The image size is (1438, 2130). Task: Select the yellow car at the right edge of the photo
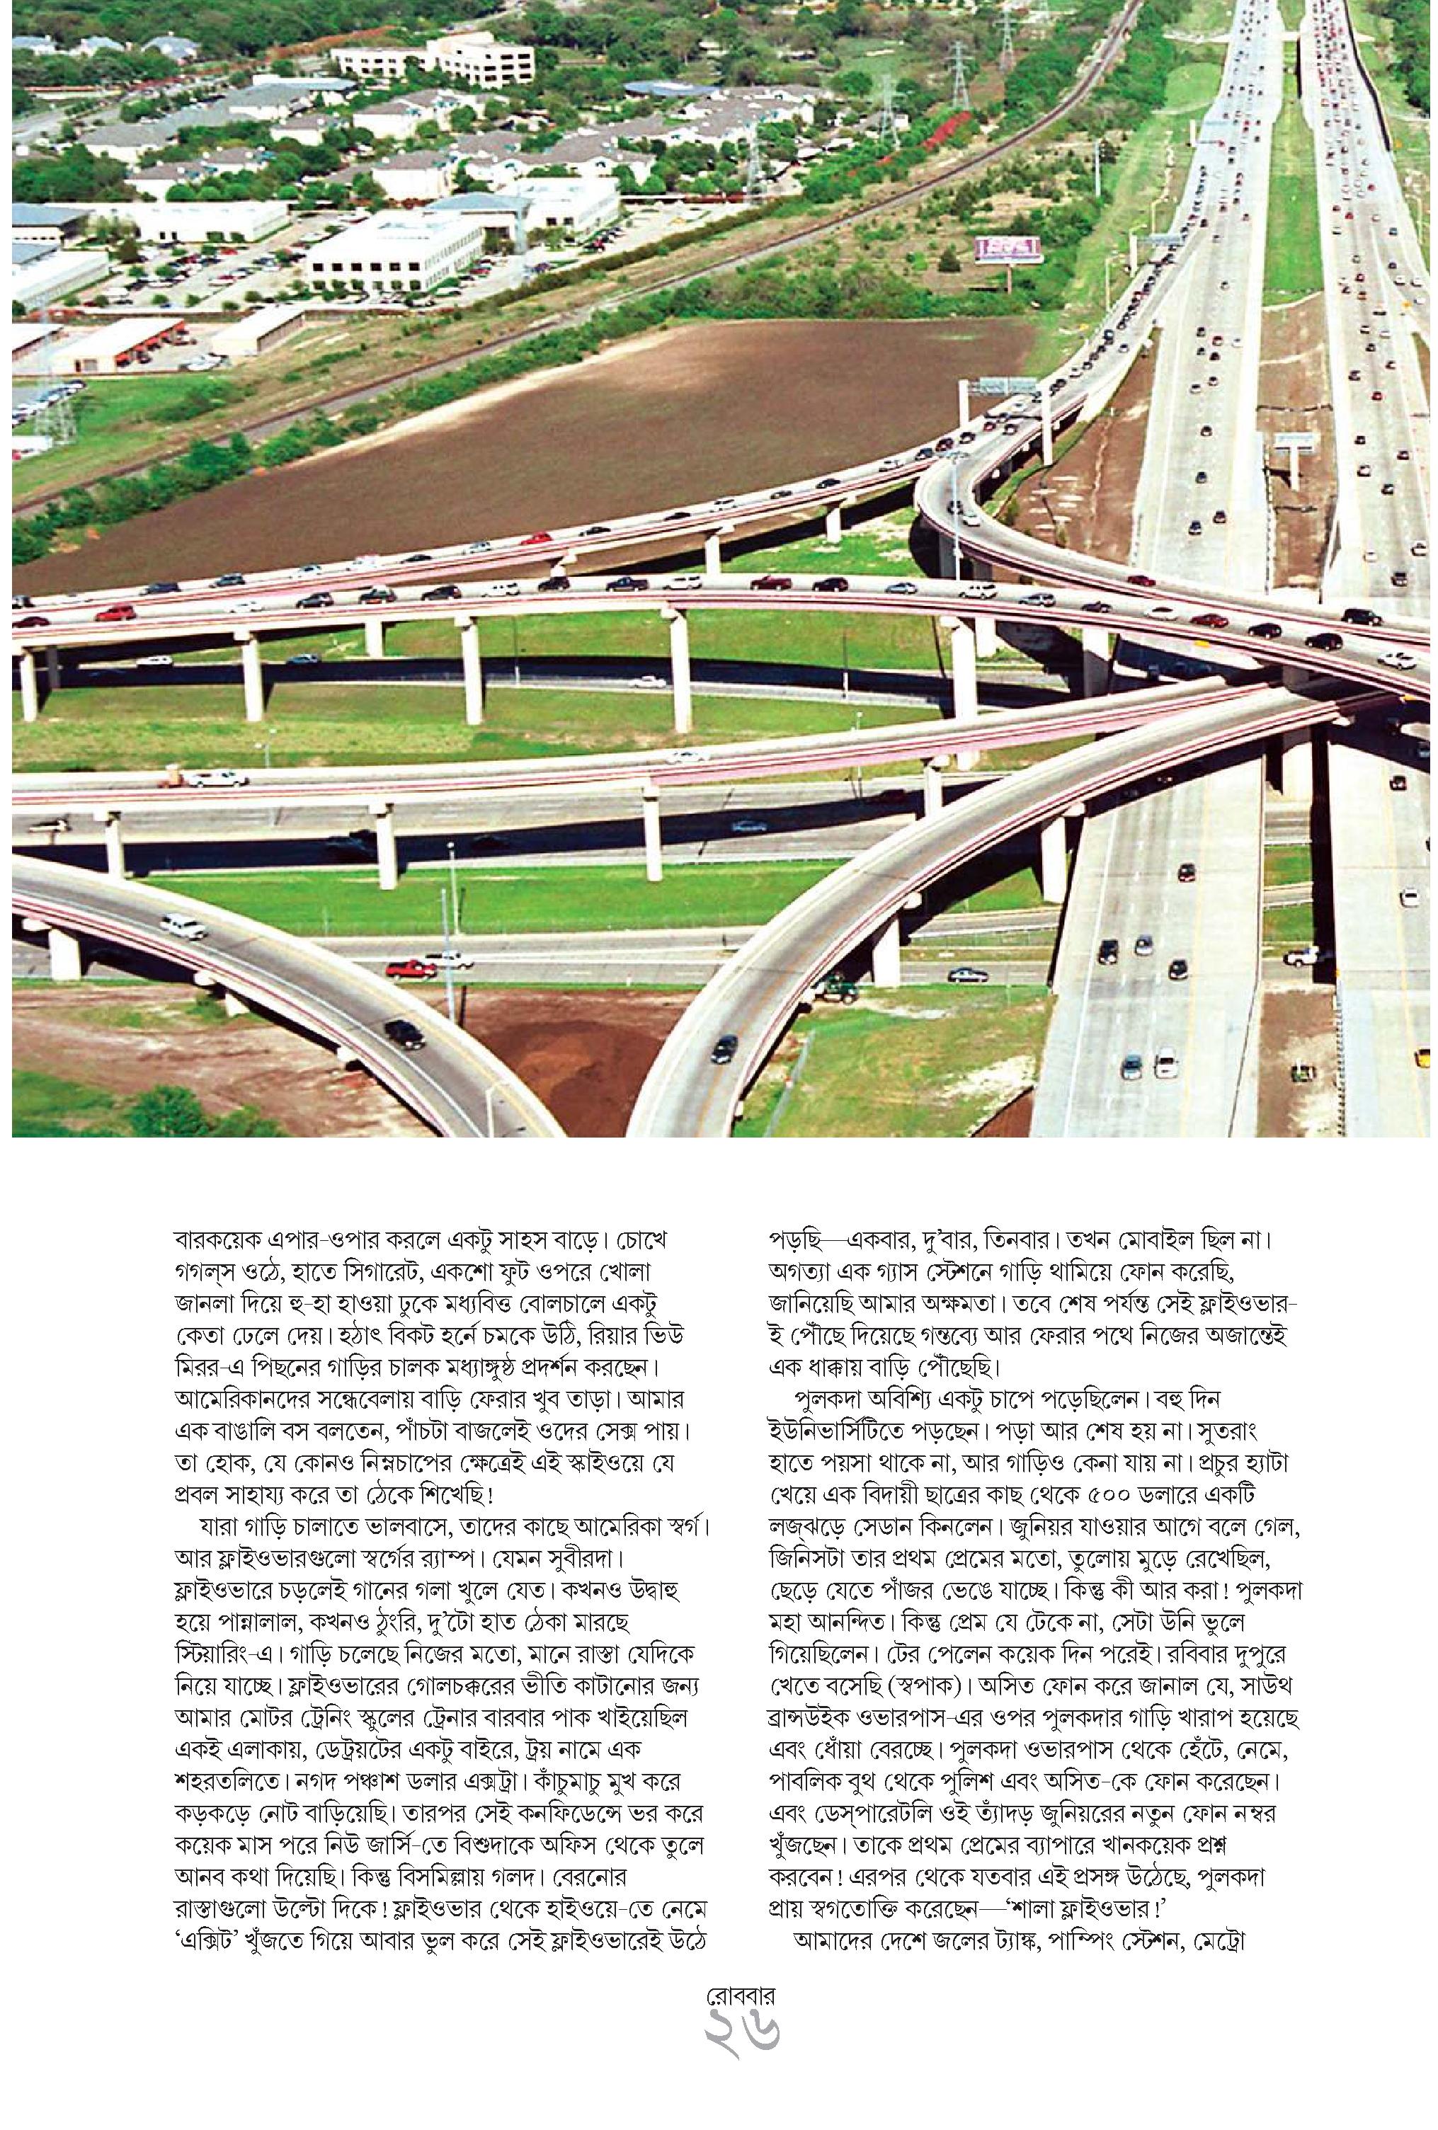coord(1422,1057)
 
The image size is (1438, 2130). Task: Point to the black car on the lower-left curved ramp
coord(404,1033)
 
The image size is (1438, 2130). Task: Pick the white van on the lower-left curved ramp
coord(183,927)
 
